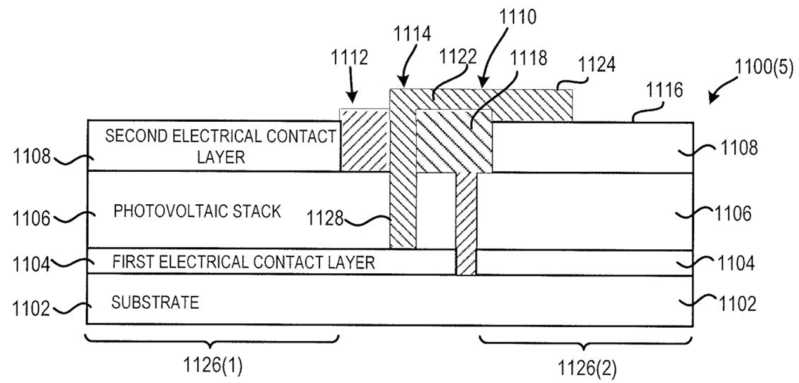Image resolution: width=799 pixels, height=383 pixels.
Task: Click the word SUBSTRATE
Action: point(155,302)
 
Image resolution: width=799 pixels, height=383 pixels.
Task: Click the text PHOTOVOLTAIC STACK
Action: point(197,211)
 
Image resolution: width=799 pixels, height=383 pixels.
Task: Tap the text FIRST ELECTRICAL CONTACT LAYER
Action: point(244,263)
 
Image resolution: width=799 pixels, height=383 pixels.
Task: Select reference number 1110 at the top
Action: point(517,16)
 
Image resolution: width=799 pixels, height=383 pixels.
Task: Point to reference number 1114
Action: point(412,34)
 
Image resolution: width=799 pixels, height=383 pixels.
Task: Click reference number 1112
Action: point(349,57)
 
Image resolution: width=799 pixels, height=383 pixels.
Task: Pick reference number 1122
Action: point(458,56)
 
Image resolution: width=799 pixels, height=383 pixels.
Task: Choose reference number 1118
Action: point(528,58)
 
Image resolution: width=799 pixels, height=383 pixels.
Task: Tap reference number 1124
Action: point(597,65)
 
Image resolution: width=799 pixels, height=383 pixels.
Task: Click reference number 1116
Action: point(664,90)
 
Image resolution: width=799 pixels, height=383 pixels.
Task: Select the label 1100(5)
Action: point(764,67)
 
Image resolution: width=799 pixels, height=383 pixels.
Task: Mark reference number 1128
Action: point(325,218)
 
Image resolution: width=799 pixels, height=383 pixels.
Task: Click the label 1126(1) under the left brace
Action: point(213,365)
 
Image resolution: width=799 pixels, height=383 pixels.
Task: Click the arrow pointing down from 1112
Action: point(351,85)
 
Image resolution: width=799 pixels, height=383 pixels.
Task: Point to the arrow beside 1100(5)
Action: point(722,90)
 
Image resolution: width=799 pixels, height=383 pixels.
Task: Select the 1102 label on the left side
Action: point(31,309)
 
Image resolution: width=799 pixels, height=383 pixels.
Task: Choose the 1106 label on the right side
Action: point(733,214)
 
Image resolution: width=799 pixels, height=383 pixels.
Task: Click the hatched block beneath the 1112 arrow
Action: point(364,140)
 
